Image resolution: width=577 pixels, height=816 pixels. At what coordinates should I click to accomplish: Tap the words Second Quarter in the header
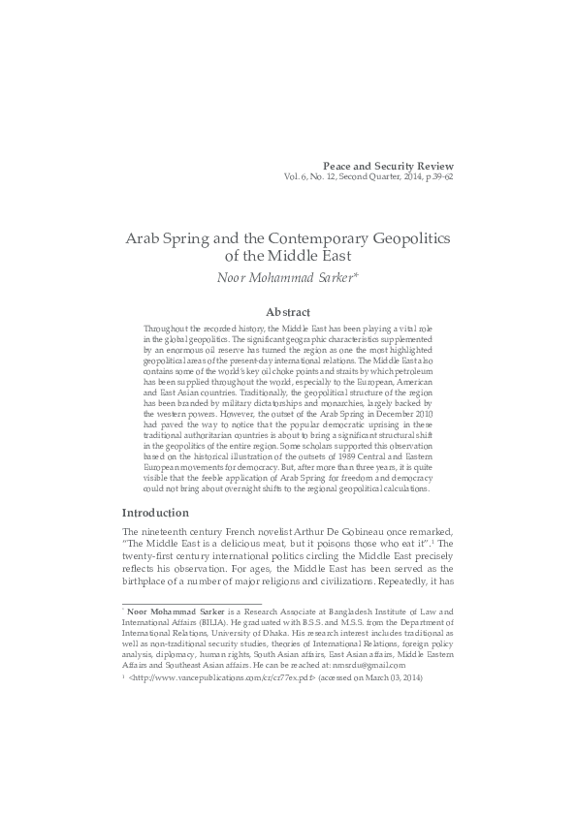tap(361, 178)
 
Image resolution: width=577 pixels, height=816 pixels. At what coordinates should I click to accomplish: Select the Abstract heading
tap(288, 312)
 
